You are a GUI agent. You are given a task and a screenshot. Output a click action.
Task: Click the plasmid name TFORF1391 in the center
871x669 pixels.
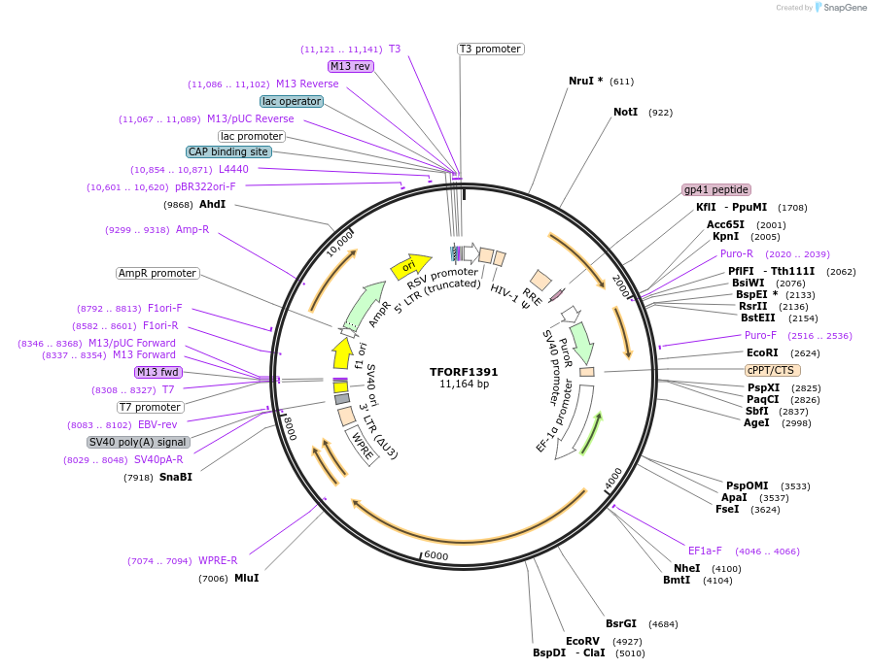pos(464,372)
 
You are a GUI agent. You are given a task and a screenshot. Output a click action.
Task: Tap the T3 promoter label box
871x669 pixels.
pos(490,49)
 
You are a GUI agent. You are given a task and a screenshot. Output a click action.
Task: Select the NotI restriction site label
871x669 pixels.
pos(625,113)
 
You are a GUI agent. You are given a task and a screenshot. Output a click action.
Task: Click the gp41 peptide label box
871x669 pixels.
pos(716,189)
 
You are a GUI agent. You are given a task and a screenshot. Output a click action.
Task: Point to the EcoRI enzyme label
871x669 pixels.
pos(762,353)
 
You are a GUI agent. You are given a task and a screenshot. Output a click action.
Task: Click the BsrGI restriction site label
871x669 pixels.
pos(621,624)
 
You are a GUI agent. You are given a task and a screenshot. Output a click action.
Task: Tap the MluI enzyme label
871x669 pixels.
pos(247,579)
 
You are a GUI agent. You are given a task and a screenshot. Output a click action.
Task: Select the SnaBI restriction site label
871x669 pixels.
pos(176,477)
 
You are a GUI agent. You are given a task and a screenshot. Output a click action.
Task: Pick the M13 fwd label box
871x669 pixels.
pos(158,372)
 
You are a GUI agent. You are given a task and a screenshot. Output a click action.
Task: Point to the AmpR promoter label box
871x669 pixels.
pos(157,274)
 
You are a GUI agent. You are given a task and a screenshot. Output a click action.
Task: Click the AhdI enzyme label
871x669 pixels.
pos(212,205)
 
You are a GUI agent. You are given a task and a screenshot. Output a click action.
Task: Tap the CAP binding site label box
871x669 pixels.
pos(228,152)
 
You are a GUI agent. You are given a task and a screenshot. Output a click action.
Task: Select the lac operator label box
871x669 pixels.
pos(292,101)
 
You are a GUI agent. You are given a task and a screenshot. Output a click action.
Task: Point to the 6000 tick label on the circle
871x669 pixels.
pos(435,555)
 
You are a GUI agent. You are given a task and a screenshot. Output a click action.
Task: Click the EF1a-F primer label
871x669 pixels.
pos(705,551)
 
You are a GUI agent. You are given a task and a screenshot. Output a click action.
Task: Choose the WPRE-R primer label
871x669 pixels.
pos(218,560)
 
